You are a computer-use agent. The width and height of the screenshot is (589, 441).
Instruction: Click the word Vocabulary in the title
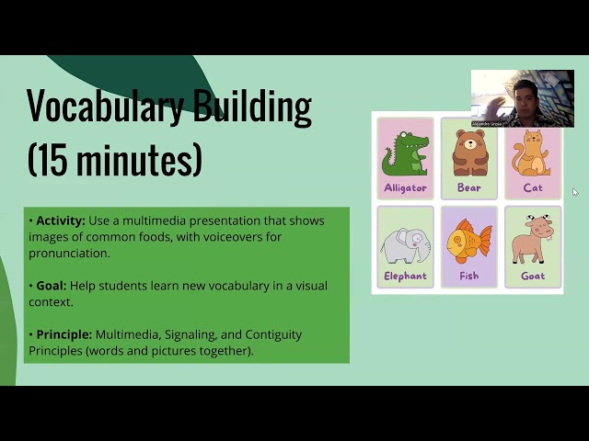coord(104,107)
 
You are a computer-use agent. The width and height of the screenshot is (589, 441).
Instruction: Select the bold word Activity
coord(60,220)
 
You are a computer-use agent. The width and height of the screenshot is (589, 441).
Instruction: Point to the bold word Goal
coord(51,286)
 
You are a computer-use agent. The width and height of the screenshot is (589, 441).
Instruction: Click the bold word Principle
coord(64,334)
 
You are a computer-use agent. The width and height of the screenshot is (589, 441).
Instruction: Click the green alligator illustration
coord(405,153)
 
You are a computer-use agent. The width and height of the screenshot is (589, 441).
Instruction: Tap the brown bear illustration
coord(469,153)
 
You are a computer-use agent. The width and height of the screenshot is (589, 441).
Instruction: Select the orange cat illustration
coord(532,153)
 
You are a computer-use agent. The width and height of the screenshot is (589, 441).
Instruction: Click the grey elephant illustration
coord(405,244)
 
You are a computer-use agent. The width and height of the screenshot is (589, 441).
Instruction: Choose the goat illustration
coord(532,241)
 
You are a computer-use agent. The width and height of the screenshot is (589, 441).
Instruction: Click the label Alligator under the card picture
coord(405,188)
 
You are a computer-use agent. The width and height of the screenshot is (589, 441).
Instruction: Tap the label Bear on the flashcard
coord(469,188)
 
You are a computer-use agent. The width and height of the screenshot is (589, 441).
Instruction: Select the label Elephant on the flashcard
coord(405,276)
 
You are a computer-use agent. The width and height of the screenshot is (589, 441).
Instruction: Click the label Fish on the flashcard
coord(469,276)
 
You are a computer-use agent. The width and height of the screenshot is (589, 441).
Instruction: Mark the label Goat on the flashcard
coord(533,276)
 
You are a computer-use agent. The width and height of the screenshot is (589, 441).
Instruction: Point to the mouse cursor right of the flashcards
coord(575,192)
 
